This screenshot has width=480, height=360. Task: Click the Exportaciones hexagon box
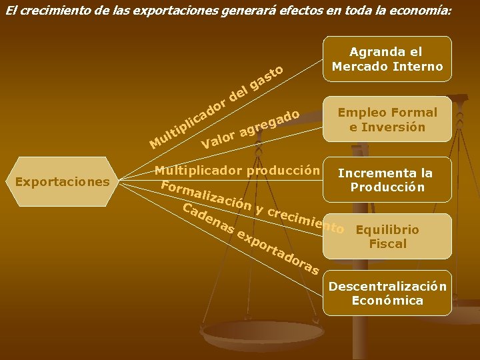click(x=63, y=181)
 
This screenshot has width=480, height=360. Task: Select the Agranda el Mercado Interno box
click(x=387, y=59)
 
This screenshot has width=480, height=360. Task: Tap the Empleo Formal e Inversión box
click(x=387, y=119)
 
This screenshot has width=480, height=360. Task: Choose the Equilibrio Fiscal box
click(x=387, y=237)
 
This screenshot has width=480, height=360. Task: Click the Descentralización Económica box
click(x=387, y=293)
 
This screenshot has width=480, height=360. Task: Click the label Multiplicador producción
click(x=237, y=170)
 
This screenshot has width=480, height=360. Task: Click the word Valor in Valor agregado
click(x=218, y=139)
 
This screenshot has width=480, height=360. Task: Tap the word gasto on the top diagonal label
click(x=269, y=77)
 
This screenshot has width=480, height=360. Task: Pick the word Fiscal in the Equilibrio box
click(x=387, y=243)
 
